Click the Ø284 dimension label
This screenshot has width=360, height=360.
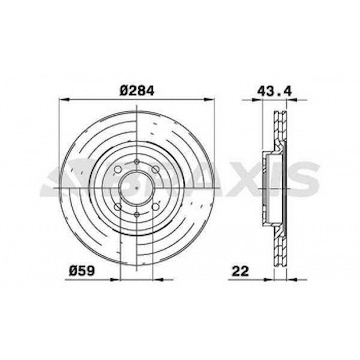click(x=137, y=91)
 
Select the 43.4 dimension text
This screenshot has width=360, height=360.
click(x=275, y=91)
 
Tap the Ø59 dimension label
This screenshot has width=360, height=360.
click(x=82, y=270)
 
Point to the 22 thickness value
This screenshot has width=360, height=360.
click(x=240, y=271)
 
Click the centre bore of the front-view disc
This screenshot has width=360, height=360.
click(x=137, y=188)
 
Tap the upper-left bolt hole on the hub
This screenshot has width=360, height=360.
click(x=117, y=169)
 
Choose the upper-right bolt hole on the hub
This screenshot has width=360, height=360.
click(x=156, y=169)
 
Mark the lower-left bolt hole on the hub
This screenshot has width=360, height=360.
click(x=117, y=207)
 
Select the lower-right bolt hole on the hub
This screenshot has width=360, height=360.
click(x=156, y=207)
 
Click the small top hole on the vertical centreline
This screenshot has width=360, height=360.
click(x=137, y=161)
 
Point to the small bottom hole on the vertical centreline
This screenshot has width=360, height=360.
click(x=137, y=214)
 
